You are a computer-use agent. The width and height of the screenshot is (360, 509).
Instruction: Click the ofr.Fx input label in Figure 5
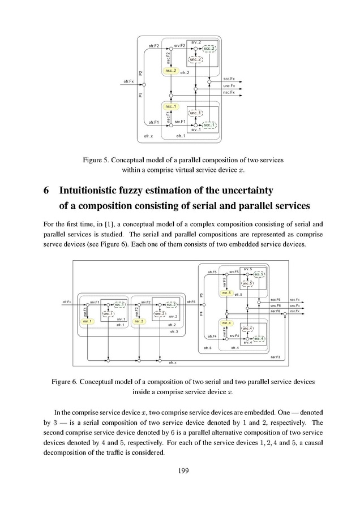click(x=128, y=81)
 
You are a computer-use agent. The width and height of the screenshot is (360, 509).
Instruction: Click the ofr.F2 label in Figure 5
click(x=153, y=45)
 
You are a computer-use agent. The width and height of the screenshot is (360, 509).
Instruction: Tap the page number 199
click(x=180, y=470)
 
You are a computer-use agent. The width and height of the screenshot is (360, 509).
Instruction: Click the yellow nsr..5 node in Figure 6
click(x=226, y=293)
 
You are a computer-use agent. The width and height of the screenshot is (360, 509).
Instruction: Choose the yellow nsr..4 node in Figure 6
click(x=226, y=323)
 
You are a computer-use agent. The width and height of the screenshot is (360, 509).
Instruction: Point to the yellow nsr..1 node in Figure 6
click(x=87, y=321)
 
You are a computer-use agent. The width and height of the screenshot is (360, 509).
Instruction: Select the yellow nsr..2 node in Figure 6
click(x=139, y=321)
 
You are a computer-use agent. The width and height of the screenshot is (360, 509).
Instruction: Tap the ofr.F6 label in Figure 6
click(x=190, y=302)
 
